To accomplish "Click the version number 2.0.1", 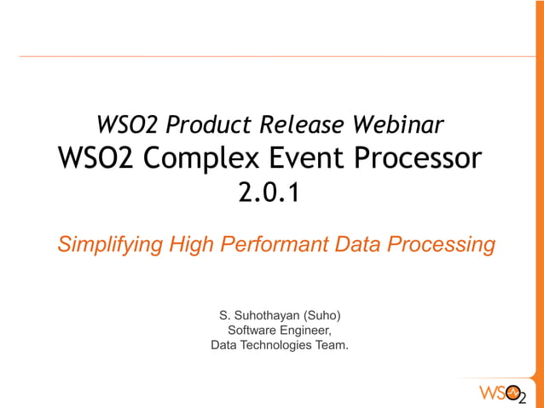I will coord(270,193).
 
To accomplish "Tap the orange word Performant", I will coord(274,245).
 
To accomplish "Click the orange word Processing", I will coord(441,245).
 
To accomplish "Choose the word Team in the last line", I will coord(333,345).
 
